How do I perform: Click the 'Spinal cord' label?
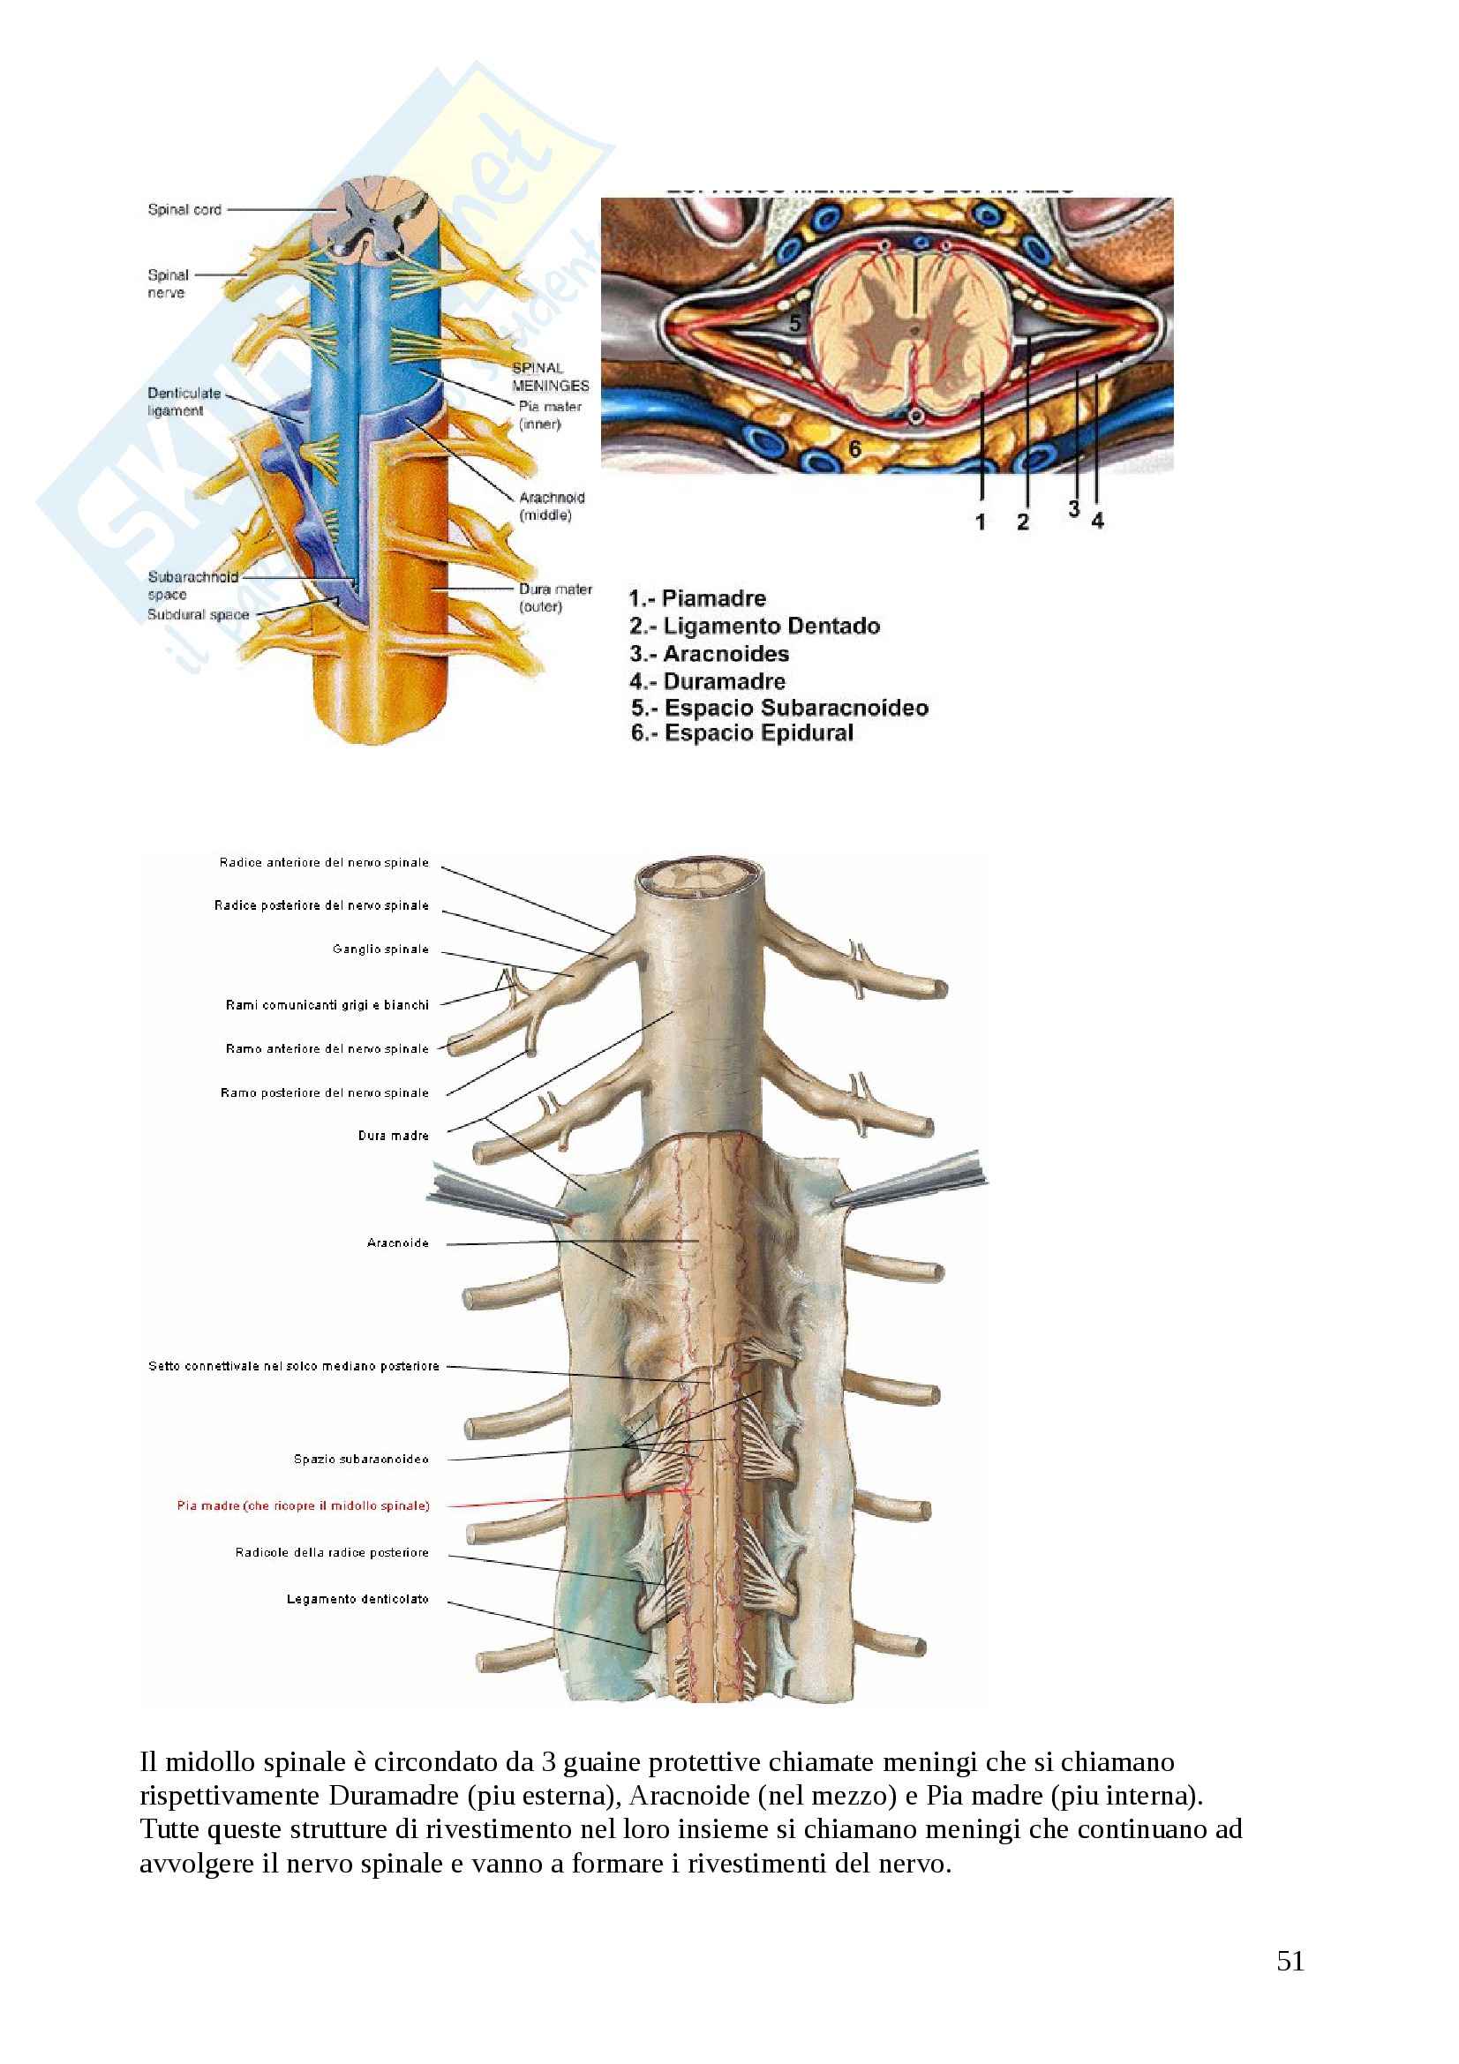[184, 209]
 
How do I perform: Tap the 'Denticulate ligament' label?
[184, 402]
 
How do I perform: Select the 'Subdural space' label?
[198, 615]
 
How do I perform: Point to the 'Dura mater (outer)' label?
[553, 597]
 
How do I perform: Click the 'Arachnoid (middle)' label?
[550, 507]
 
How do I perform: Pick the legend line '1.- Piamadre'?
[697, 598]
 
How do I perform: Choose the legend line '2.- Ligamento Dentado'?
[755, 626]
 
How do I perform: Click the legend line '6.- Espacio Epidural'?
[741, 732]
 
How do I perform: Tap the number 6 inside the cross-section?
[855, 447]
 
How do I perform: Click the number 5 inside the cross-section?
[794, 323]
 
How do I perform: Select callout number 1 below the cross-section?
[981, 522]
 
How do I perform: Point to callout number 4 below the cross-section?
[1098, 521]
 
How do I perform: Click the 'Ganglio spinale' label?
[380, 949]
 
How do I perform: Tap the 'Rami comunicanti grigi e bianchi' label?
[327, 1005]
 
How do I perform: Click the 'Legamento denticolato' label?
[357, 1599]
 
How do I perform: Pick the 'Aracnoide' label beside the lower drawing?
[397, 1243]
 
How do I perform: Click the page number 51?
[1290, 1961]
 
